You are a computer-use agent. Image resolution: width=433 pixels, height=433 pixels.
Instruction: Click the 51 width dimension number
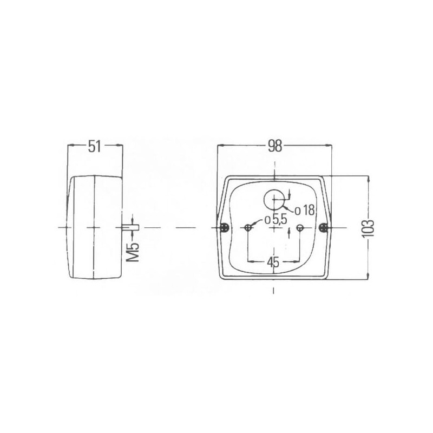pyautogui.click(x=94, y=146)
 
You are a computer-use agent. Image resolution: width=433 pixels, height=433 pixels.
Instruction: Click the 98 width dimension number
pyautogui.click(x=275, y=146)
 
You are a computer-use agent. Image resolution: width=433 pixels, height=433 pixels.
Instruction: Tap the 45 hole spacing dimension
pyautogui.click(x=273, y=262)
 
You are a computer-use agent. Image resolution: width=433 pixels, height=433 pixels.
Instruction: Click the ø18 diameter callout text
pyautogui.click(x=305, y=211)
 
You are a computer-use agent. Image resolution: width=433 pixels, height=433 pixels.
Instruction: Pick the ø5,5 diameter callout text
pyautogui.click(x=276, y=220)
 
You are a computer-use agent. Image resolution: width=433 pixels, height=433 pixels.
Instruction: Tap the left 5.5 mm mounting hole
pyautogui.click(x=248, y=228)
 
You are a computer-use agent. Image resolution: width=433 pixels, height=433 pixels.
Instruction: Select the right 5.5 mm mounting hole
pyautogui.click(x=300, y=228)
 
